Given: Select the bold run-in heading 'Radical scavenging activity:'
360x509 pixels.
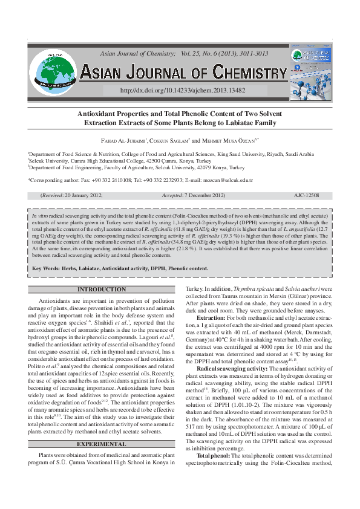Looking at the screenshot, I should pos(236,368).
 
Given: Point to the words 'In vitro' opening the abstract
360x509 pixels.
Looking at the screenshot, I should pos(41,215).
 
